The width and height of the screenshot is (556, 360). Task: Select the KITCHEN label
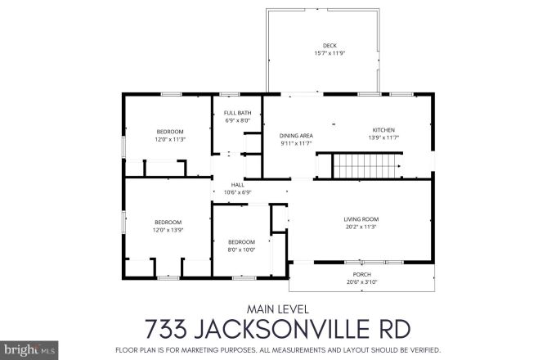[383, 130]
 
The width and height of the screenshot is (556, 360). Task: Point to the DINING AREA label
[296, 136]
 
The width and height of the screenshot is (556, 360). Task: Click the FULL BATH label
[238, 113]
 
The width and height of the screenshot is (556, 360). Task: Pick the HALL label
[237, 185]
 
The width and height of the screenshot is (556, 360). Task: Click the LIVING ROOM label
[360, 218]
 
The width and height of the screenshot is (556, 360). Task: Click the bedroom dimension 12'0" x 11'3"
[170, 139]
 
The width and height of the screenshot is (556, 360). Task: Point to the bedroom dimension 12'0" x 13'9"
[168, 230]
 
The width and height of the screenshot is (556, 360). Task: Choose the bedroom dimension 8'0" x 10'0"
[241, 250]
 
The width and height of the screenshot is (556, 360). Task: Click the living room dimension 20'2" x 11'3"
[360, 227]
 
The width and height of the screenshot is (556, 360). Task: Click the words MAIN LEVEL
[277, 308]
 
